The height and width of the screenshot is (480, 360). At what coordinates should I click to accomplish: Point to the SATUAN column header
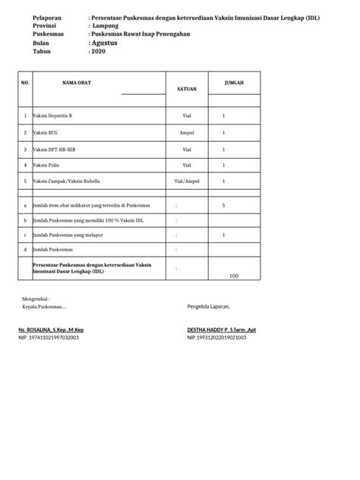click(x=187, y=90)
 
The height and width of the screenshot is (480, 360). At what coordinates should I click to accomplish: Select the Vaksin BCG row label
click(x=46, y=131)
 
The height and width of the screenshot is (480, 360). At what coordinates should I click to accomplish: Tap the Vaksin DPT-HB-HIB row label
click(x=53, y=149)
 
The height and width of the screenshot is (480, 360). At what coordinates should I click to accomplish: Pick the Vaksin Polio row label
click(x=46, y=165)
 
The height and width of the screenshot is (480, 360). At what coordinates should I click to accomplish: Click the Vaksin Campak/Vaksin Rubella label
click(x=65, y=182)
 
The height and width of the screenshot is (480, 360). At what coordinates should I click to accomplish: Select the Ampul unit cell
click(x=187, y=131)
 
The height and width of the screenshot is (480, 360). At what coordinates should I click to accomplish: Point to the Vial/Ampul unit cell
click(x=187, y=182)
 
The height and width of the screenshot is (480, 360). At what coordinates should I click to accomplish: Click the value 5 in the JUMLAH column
click(x=223, y=205)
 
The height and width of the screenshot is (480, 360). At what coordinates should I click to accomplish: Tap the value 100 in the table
click(x=233, y=276)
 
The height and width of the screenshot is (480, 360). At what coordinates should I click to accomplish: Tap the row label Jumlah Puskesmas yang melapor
click(x=69, y=235)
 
